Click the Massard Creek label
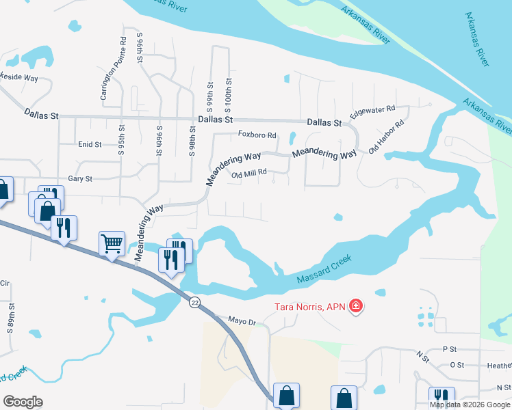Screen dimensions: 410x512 point(324,270)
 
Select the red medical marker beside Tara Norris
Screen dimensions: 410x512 point(356,306)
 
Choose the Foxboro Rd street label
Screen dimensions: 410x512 point(257,135)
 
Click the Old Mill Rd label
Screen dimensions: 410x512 point(248,175)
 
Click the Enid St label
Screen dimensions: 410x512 point(90,145)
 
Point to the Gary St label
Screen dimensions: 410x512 point(80,178)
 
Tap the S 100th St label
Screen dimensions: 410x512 point(229,95)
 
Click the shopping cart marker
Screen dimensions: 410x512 point(112,243)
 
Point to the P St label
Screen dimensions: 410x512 point(449,349)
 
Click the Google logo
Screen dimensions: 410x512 point(23,402)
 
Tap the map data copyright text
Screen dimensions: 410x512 point(470,404)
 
